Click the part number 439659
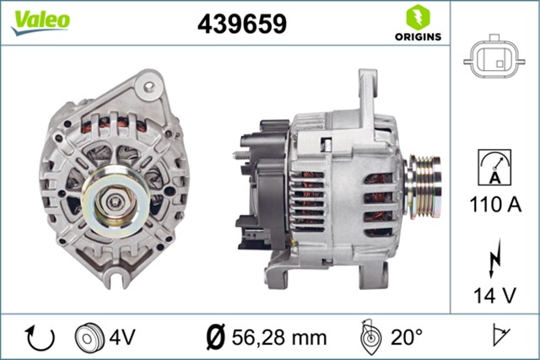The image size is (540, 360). (x=241, y=24)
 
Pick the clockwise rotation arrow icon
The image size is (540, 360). (x=40, y=336)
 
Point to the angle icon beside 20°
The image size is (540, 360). (x=369, y=336)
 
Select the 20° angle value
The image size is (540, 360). (x=408, y=337)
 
